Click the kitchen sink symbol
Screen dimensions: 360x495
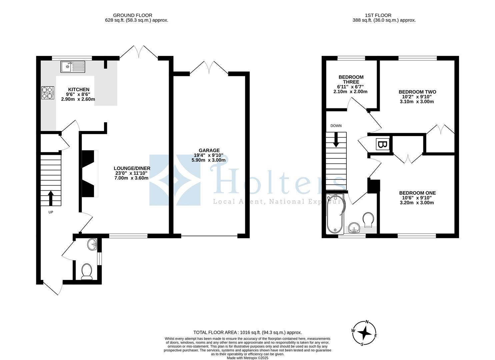73,67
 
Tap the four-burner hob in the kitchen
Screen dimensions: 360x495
48,93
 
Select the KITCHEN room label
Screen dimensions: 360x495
79,89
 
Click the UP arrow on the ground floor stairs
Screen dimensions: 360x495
51,198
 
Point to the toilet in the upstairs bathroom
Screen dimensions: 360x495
368,219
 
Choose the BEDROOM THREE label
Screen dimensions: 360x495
351,79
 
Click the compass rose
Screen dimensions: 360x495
365,333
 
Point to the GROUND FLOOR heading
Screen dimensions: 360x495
132,15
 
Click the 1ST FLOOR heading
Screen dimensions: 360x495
378,15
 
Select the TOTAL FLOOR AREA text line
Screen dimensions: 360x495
247,332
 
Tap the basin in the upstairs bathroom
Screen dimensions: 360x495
354,229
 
